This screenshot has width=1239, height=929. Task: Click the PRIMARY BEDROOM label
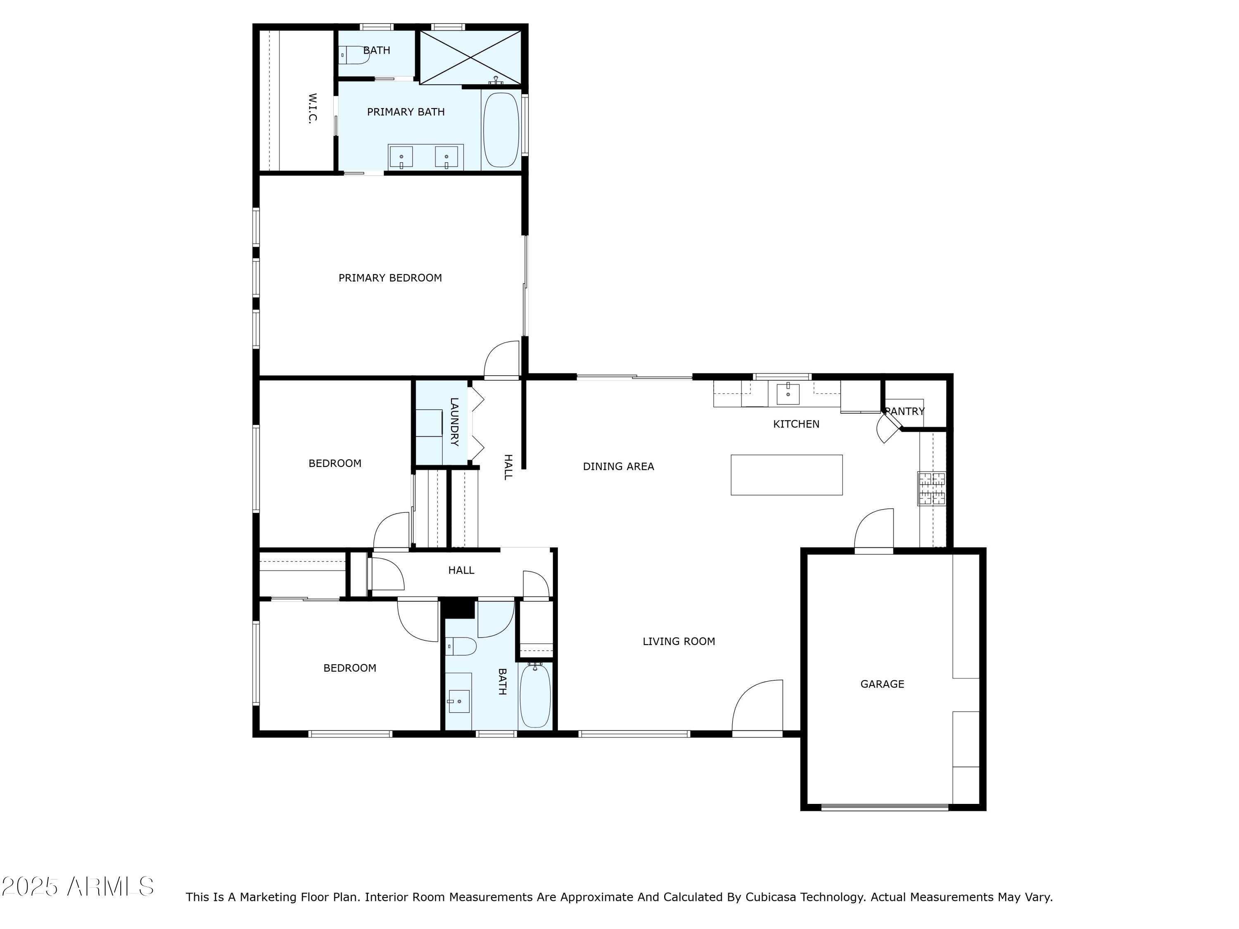pyautogui.click(x=390, y=278)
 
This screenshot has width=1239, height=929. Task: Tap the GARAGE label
pyautogui.click(x=882, y=684)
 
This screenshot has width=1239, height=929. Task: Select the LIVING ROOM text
pyautogui.click(x=679, y=641)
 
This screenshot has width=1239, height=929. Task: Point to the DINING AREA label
pyautogui.click(x=618, y=467)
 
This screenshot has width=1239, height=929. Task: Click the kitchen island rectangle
pyautogui.click(x=786, y=475)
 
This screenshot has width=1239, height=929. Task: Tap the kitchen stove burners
pyautogui.click(x=931, y=489)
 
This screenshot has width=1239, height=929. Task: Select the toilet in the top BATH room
pyautogui.click(x=354, y=55)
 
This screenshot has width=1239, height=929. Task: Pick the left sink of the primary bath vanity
pyautogui.click(x=401, y=157)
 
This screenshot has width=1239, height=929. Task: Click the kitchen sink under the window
pyautogui.click(x=788, y=393)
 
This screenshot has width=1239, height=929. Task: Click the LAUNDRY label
pyautogui.click(x=454, y=422)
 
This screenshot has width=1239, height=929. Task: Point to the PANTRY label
pyautogui.click(x=904, y=411)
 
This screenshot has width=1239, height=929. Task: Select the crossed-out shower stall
pyautogui.click(x=470, y=57)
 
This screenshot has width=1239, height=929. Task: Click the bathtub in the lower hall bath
pyautogui.click(x=536, y=695)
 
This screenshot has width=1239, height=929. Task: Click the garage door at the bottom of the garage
pyautogui.click(x=885, y=807)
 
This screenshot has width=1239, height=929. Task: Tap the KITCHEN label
pyautogui.click(x=796, y=424)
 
